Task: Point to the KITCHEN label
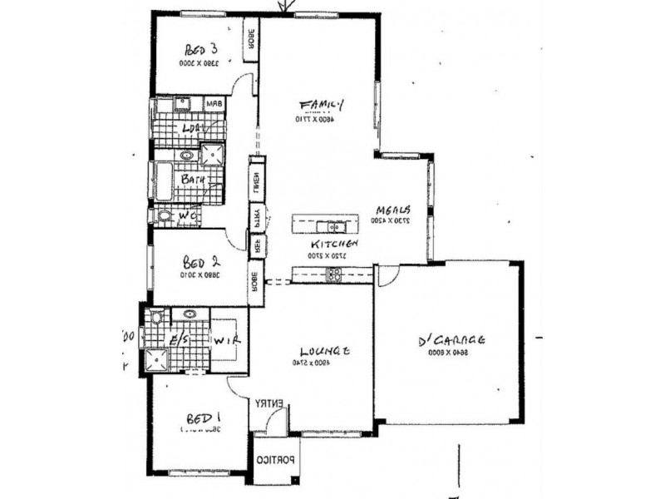point(334,245)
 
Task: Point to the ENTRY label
point(269,403)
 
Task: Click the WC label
point(186,215)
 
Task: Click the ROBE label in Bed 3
point(249,40)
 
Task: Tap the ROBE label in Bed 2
point(253,280)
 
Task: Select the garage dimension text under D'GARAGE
point(450,353)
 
